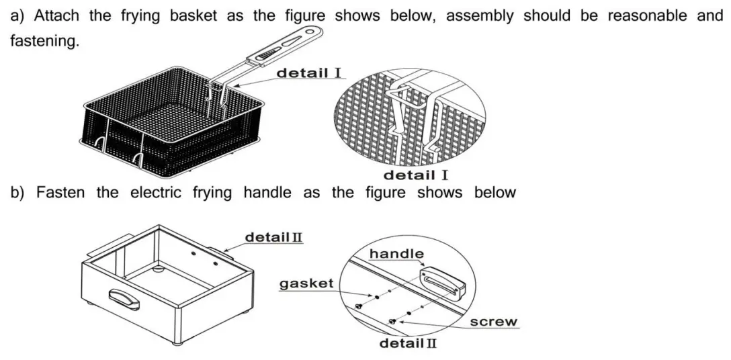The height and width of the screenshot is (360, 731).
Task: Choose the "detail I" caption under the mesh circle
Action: [x=415, y=175]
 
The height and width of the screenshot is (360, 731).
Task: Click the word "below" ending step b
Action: [x=495, y=193]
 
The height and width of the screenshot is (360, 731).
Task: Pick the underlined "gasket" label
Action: [x=306, y=283]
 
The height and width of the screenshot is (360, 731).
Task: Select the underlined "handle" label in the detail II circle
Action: [x=396, y=253]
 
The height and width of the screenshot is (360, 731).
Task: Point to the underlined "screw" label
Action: [x=494, y=322]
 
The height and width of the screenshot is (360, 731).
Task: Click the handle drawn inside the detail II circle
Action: [x=443, y=281]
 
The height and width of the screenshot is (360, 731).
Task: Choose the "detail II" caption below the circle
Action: [x=408, y=344]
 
